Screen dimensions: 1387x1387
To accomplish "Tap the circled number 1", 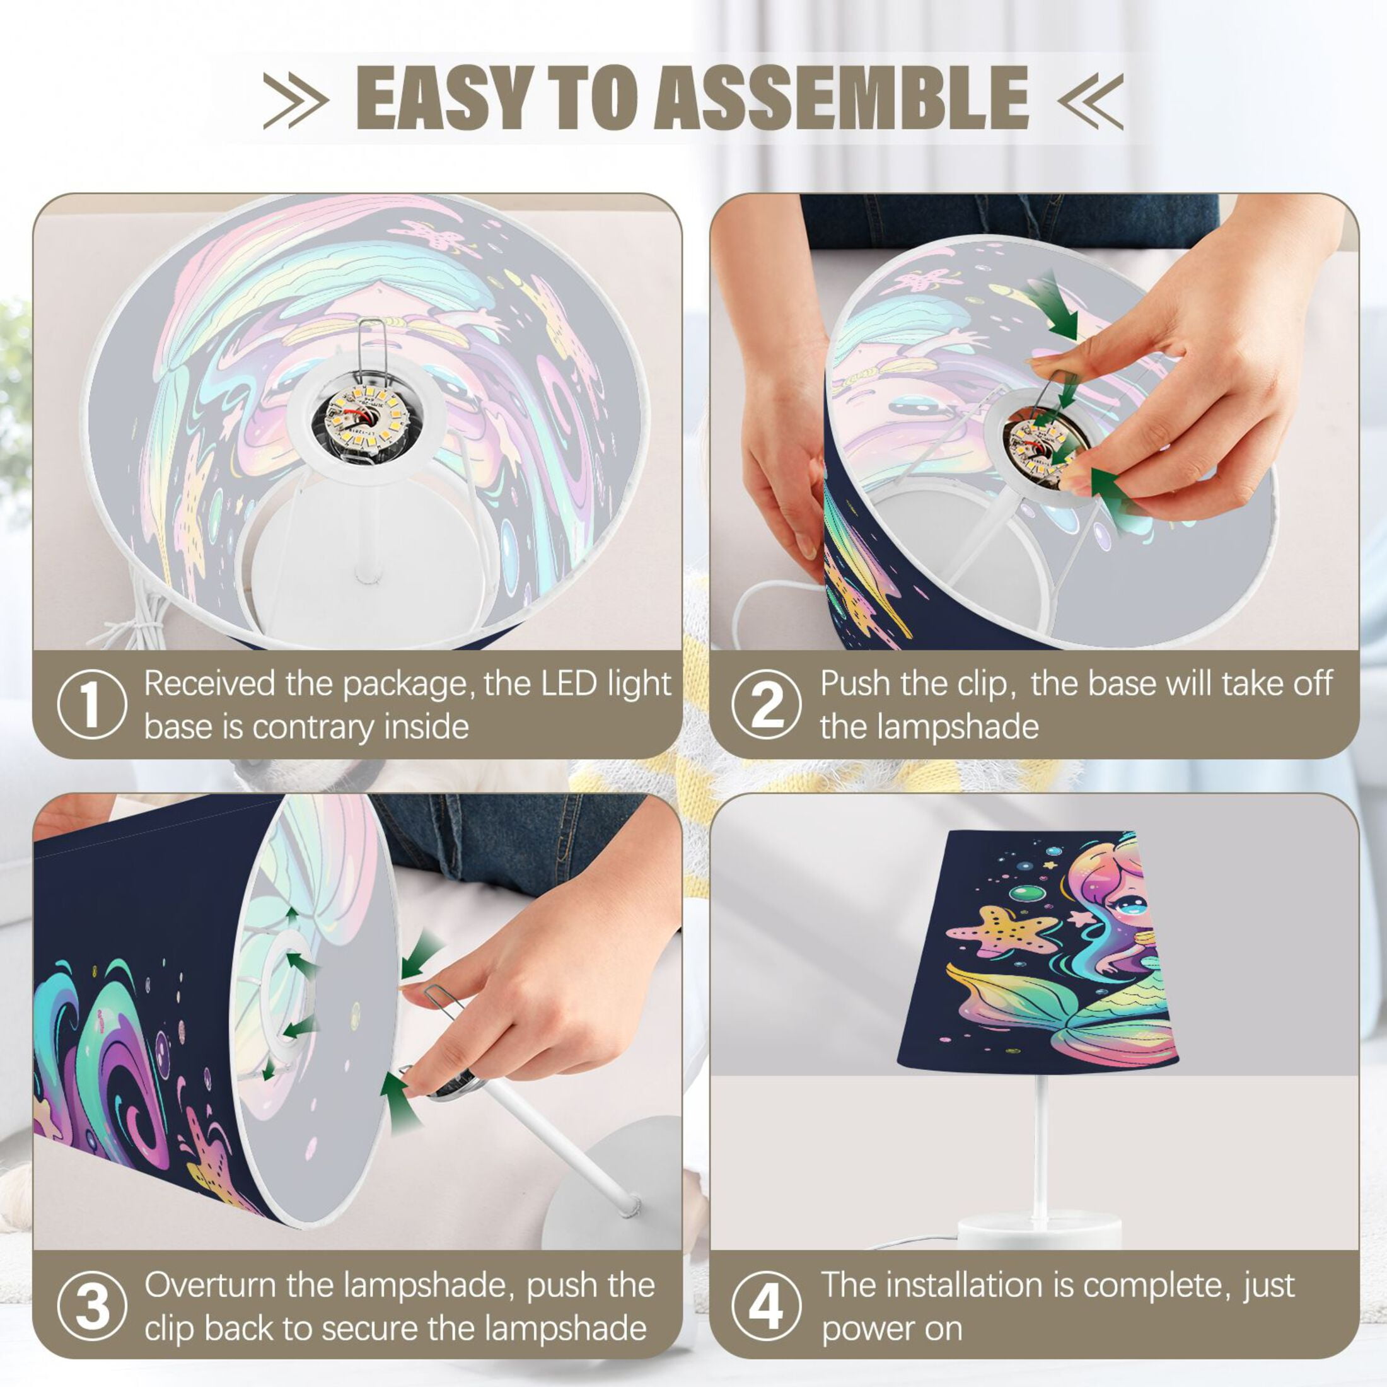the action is coord(92,704).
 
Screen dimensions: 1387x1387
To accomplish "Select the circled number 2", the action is coord(767,704).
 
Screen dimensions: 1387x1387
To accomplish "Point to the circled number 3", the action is coord(92,1306).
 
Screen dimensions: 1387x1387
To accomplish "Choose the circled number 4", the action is coord(767,1306).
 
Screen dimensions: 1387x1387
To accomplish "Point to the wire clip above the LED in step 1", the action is coord(372,352).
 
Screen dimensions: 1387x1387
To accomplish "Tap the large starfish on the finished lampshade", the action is coord(1004,931).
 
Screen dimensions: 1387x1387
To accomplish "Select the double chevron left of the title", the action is coord(296,99).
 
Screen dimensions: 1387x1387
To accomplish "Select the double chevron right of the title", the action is coord(1090,99).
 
